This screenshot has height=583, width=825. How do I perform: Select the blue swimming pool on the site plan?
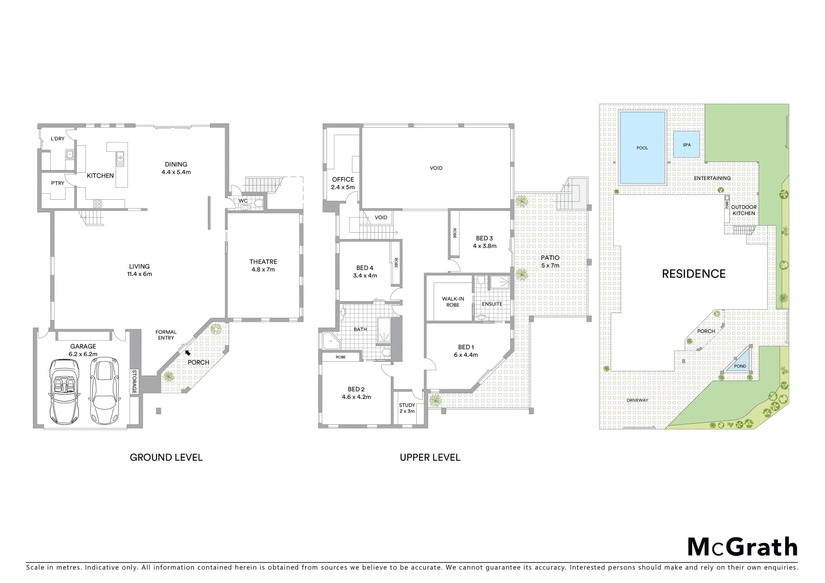(642, 147)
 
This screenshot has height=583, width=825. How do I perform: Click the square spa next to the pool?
(686, 145)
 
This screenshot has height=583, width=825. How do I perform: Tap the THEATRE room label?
(263, 265)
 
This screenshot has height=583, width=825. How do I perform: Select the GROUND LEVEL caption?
(166, 457)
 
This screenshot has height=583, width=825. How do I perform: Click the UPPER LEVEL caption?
(430, 457)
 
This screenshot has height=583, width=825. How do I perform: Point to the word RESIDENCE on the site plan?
(694, 274)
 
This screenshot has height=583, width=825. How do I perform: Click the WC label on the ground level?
(243, 201)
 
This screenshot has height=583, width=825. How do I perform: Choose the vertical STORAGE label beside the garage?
(134, 381)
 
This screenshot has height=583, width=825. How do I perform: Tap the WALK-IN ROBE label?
(453, 301)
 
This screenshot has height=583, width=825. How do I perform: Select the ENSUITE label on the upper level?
(492, 304)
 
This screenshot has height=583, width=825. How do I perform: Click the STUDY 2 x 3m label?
(407, 408)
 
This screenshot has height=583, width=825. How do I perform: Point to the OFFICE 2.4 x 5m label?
(343, 183)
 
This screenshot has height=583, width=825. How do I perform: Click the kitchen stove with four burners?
(98, 204)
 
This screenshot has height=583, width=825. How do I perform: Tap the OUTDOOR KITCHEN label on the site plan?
(744, 210)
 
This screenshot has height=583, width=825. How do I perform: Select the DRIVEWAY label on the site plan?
(637, 400)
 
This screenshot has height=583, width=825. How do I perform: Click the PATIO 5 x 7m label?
(550, 261)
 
